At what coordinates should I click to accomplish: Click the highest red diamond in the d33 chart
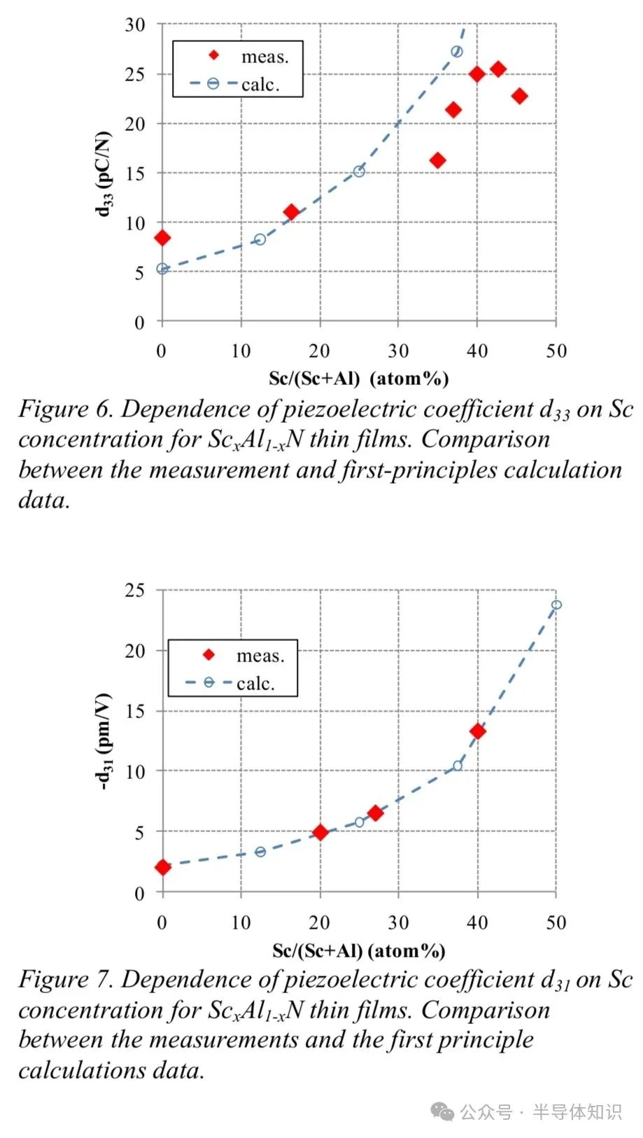point(498,69)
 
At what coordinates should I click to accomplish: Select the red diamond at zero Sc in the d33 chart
point(162,237)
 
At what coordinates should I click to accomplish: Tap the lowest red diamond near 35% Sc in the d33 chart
point(438,160)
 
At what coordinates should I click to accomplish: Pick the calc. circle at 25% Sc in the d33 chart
point(359,171)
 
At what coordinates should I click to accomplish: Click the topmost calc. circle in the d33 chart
point(457,51)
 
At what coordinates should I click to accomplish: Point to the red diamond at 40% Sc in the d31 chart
point(477,731)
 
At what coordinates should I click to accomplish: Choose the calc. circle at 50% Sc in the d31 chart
point(556,605)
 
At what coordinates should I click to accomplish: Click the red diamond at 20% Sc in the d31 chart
point(320,832)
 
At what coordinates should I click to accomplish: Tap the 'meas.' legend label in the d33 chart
point(265,57)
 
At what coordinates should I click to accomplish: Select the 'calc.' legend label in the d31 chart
point(255,683)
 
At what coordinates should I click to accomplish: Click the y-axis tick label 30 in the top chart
point(135,24)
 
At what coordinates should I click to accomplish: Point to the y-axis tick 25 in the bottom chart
point(135,590)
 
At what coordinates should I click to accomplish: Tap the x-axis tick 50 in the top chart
point(556,351)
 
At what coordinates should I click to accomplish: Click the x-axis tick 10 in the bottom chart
point(241,922)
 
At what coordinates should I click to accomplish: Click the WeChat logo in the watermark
point(442,1112)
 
